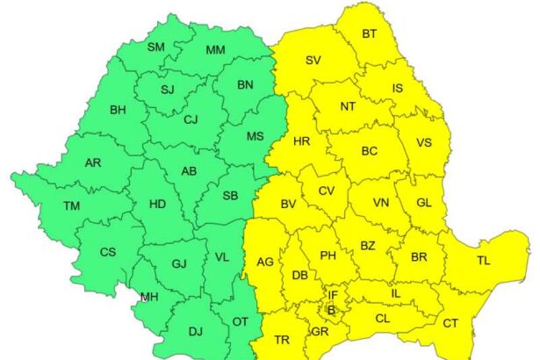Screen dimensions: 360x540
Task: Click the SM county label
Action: pyautogui.click(x=155, y=47)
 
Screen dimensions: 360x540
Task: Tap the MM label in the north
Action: pyautogui.click(x=215, y=49)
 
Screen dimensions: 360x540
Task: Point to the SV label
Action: pyautogui.click(x=313, y=61)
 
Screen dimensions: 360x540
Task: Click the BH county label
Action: pyautogui.click(x=118, y=111)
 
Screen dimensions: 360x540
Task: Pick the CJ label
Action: pyautogui.click(x=190, y=120)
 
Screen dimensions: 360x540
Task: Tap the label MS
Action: pyautogui.click(x=255, y=137)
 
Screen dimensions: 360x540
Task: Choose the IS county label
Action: pyautogui.click(x=398, y=88)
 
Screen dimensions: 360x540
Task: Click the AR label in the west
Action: pyautogui.click(x=93, y=163)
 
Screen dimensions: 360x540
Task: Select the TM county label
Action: pyautogui.click(x=72, y=206)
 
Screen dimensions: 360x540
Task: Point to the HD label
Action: pyautogui.click(x=157, y=205)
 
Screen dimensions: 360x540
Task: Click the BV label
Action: pyautogui.click(x=287, y=205)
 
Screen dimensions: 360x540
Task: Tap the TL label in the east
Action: pyautogui.click(x=484, y=261)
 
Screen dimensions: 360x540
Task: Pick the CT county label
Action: pyautogui.click(x=450, y=324)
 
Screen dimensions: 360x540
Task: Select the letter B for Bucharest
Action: pyautogui.click(x=331, y=310)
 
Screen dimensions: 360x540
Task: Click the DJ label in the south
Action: pyautogui.click(x=195, y=331)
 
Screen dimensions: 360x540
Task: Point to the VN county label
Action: pyautogui.click(x=380, y=203)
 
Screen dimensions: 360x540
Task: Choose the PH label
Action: pyautogui.click(x=328, y=256)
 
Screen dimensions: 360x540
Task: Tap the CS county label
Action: pyautogui.click(x=107, y=252)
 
